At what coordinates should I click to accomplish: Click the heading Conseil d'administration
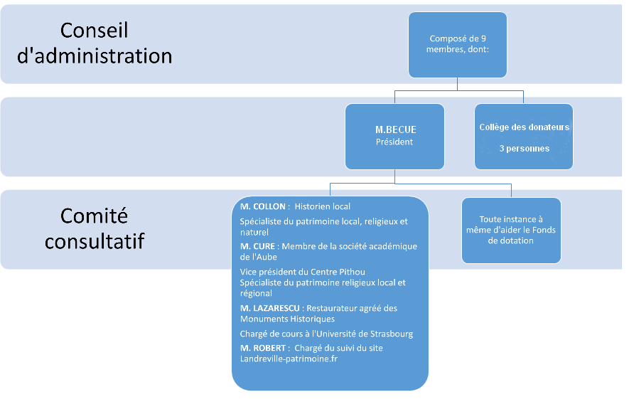click(x=95, y=43)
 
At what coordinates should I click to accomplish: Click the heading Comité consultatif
click(x=95, y=228)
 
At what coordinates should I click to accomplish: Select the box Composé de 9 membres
click(x=457, y=45)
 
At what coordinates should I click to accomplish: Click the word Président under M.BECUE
click(x=394, y=142)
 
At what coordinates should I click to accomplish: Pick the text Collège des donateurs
click(x=524, y=127)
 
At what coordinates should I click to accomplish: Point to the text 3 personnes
click(x=524, y=149)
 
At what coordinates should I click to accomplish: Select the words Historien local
click(x=323, y=207)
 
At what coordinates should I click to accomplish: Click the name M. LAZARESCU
click(x=269, y=308)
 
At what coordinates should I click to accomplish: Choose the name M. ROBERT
click(x=264, y=348)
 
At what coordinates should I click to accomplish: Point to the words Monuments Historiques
click(x=287, y=319)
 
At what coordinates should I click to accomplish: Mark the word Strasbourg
click(x=389, y=334)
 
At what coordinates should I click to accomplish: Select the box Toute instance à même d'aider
click(x=511, y=230)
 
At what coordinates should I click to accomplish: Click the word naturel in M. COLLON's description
click(x=254, y=232)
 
